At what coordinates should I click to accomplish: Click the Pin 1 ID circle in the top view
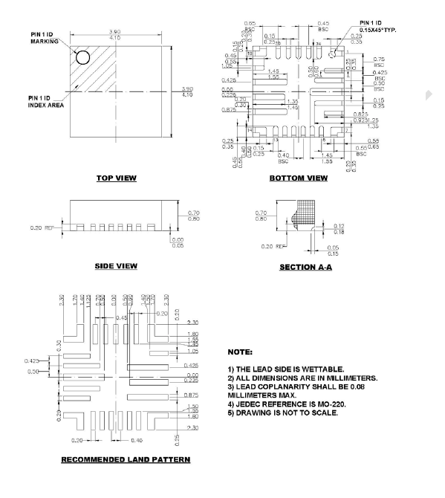tap(82, 57)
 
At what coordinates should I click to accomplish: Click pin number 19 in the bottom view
tap(250, 54)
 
